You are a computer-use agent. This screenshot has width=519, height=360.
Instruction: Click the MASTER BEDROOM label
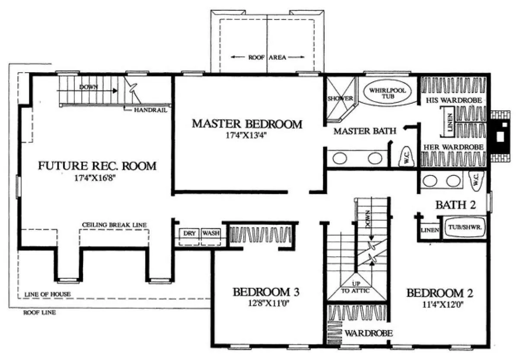[x=247, y=124]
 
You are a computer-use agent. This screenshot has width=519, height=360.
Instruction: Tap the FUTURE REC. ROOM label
[x=97, y=166]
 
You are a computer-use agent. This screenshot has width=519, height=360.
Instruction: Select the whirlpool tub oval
[x=388, y=92]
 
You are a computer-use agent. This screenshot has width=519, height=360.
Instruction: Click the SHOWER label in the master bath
[x=340, y=99]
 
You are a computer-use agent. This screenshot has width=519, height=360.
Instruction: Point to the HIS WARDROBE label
[x=454, y=100]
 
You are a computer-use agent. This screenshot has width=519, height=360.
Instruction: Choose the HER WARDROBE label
[x=453, y=147]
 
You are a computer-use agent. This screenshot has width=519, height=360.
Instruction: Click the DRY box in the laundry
[x=189, y=237]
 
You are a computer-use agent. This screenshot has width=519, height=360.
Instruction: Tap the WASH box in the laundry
[x=211, y=237]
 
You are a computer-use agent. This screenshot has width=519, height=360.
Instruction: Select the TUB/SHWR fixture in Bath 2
[x=465, y=227]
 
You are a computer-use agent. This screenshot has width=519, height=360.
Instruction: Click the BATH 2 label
[x=455, y=205]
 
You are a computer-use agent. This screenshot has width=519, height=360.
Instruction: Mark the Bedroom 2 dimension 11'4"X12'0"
[x=443, y=304]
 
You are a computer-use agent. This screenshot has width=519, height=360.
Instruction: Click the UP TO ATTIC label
[x=356, y=287]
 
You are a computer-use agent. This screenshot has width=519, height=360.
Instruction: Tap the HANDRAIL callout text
[x=151, y=110]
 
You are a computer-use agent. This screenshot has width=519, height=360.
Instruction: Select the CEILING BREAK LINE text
[x=115, y=225]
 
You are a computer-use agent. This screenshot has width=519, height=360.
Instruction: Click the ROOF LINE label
[x=40, y=312]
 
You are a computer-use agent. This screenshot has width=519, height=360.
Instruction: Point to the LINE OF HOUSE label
[x=48, y=294]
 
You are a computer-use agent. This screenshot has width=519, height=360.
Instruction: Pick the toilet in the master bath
[x=407, y=157]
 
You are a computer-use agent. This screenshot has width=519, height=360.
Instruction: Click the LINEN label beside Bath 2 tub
[x=430, y=230]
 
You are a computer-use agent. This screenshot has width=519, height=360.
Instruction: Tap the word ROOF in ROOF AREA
[x=256, y=57]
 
